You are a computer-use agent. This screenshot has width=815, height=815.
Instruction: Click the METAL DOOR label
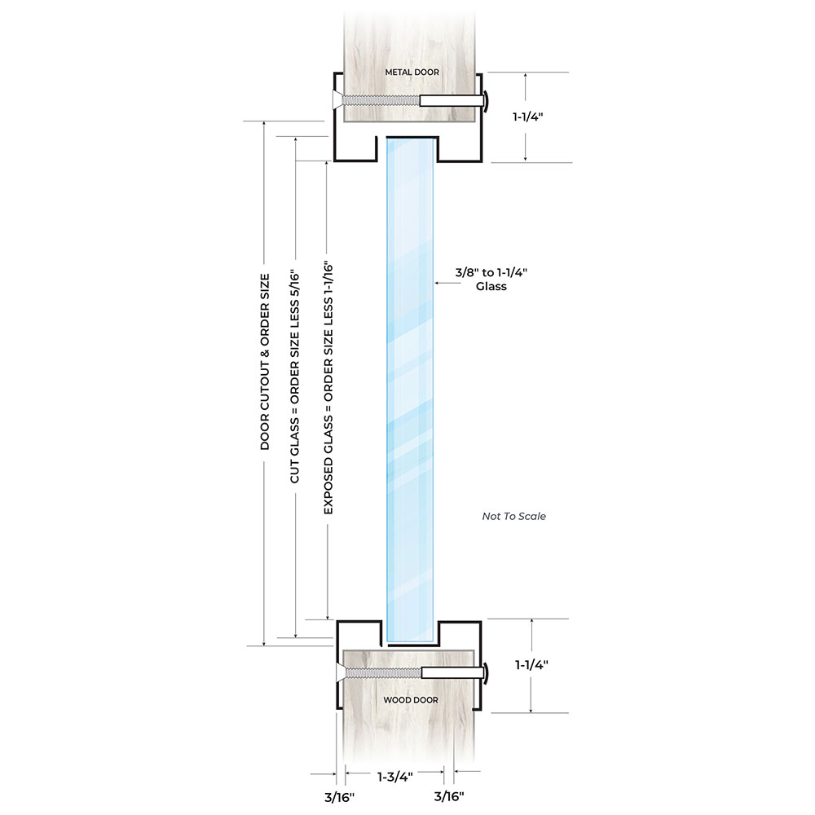(x=412, y=73)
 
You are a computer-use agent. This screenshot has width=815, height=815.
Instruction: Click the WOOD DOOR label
(x=411, y=700)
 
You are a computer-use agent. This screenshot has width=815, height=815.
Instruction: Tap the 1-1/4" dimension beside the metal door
(x=527, y=117)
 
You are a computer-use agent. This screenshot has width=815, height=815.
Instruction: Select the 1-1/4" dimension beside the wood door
(x=531, y=664)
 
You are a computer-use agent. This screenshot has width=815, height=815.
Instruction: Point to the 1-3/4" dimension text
(x=394, y=777)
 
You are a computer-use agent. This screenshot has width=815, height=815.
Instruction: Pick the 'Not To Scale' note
(x=513, y=516)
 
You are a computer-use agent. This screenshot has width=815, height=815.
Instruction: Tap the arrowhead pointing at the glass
(x=438, y=283)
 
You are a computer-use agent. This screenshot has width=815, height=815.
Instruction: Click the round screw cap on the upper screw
(x=485, y=101)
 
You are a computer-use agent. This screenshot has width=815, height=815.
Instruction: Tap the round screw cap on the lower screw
(x=486, y=673)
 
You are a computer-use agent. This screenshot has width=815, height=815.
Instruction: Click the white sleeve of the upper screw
(x=450, y=101)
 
